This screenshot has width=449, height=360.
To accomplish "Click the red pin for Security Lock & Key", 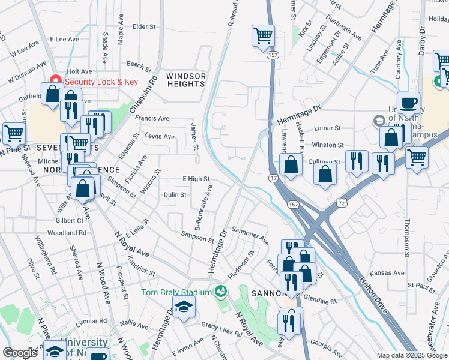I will (x=56, y=79).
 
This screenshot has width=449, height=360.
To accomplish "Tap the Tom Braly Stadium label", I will (x=176, y=292).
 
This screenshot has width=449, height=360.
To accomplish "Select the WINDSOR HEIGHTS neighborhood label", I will (x=186, y=80).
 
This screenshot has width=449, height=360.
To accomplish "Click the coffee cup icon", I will (x=408, y=103).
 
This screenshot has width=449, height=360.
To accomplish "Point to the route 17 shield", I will (x=273, y=179).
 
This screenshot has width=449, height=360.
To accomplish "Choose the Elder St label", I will (x=144, y=26).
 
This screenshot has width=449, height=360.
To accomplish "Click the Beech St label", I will (x=139, y=64).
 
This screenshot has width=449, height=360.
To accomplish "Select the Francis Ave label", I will (x=152, y=119).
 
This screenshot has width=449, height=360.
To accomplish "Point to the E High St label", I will (x=196, y=179).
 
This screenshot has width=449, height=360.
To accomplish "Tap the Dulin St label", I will (x=175, y=195).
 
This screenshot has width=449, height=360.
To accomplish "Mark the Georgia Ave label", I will (x=327, y=344).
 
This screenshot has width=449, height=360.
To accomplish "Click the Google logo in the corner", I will (x=20, y=353).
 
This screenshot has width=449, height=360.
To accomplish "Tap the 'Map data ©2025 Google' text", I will (x=411, y=355).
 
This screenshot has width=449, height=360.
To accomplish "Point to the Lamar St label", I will (x=328, y=128).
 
